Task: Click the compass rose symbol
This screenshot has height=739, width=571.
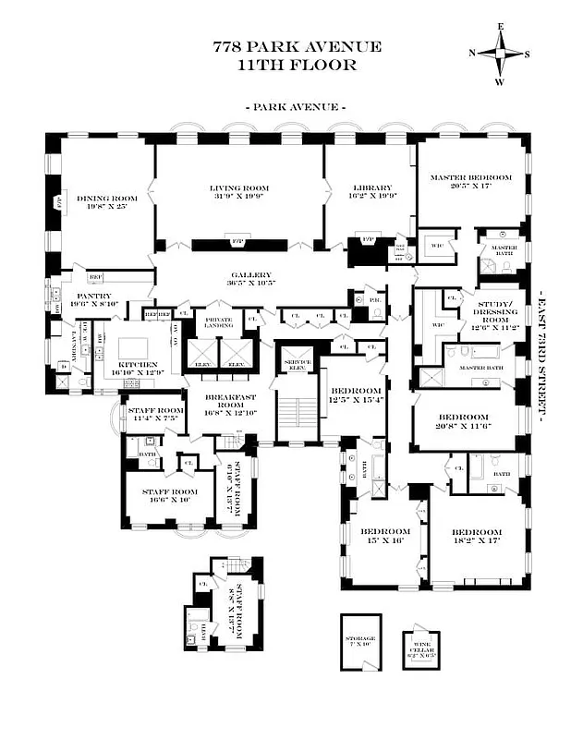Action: (500, 53)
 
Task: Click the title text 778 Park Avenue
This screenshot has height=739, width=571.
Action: (296, 47)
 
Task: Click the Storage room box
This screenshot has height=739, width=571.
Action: (360, 642)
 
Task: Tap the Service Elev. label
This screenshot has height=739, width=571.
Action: (297, 362)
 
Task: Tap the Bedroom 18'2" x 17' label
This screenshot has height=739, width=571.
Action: (477, 538)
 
